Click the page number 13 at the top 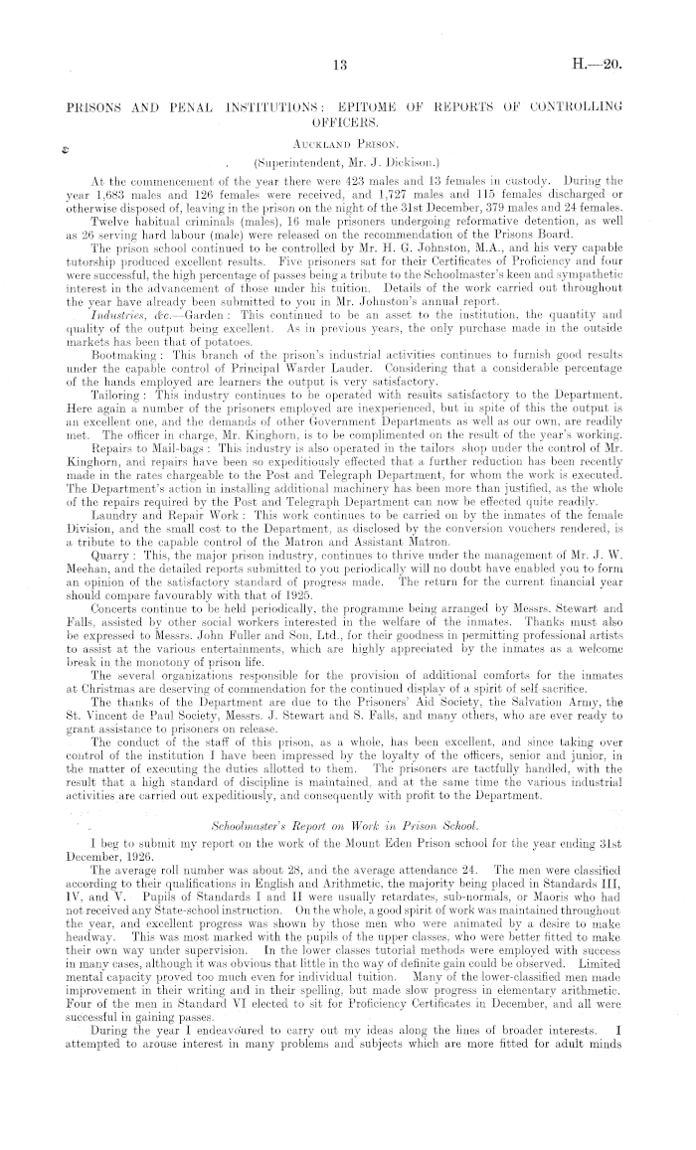point(341,66)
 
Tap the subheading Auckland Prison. point(346,144)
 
